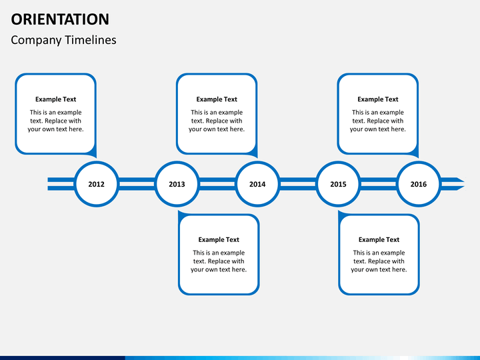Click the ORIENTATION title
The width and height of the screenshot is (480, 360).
click(x=60, y=19)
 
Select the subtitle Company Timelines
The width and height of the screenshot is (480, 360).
click(x=63, y=40)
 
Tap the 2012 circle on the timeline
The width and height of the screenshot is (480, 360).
click(x=96, y=184)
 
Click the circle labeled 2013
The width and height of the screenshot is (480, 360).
click(x=177, y=184)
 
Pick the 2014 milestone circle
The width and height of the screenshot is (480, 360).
click(x=257, y=184)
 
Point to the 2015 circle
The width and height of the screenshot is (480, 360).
click(x=338, y=184)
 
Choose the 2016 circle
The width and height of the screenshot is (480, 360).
click(x=419, y=184)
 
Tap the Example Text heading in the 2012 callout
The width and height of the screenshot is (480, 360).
click(x=55, y=99)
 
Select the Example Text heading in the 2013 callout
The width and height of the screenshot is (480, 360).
click(x=219, y=239)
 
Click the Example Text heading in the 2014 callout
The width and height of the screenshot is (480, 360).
click(x=217, y=99)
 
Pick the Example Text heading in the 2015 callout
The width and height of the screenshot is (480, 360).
click(x=379, y=239)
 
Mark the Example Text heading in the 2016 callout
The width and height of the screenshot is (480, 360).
click(x=378, y=99)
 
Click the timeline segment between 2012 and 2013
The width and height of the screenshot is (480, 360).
click(x=137, y=184)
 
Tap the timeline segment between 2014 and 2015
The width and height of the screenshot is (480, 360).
click(x=297, y=184)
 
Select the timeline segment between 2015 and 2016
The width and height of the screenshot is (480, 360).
click(x=378, y=184)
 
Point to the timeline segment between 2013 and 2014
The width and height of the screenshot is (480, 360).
click(x=217, y=184)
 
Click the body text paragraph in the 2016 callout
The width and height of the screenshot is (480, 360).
click(x=378, y=121)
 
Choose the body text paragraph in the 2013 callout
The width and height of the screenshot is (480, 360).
click(x=219, y=261)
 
